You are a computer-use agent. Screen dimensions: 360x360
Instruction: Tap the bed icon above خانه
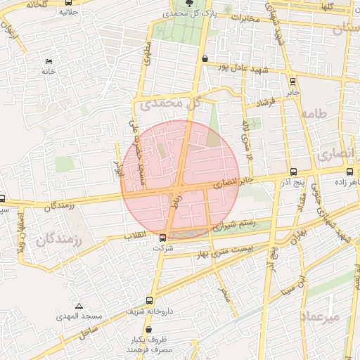tap(49, 61)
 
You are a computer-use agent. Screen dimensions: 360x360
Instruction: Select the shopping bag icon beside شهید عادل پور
tap(205, 59)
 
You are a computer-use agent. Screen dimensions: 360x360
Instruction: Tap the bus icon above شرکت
tap(162, 237)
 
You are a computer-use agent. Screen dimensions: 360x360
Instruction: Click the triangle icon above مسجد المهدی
tap(79, 306)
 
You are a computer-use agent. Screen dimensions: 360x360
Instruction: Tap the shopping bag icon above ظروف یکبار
tap(148, 329)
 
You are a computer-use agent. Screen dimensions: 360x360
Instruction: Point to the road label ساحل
tap(89, 329)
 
